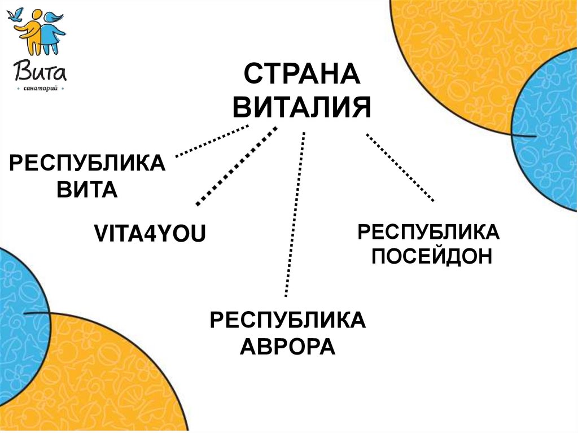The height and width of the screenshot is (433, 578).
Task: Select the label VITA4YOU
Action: [149, 233]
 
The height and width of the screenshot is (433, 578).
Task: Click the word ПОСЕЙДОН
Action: [432, 257]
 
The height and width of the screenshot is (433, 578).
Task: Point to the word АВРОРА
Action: [287, 345]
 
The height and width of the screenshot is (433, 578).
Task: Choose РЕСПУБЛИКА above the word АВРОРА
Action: [287, 320]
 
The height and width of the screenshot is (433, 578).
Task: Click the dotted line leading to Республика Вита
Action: [212, 141]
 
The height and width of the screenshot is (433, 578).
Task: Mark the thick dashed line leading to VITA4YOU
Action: [236, 165]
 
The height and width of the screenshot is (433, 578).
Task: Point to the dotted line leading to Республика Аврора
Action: [295, 215]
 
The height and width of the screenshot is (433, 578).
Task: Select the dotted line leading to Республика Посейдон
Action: [400, 167]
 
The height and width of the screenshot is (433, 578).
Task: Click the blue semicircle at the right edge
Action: [550, 130]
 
